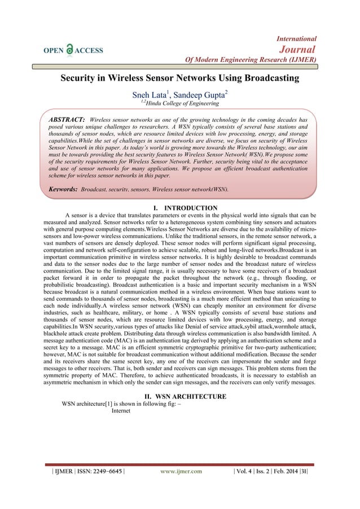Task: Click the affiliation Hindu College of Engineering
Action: point(185,103)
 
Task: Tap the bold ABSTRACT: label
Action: point(67,120)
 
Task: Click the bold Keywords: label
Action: point(62,190)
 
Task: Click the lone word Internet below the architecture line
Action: point(121,411)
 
